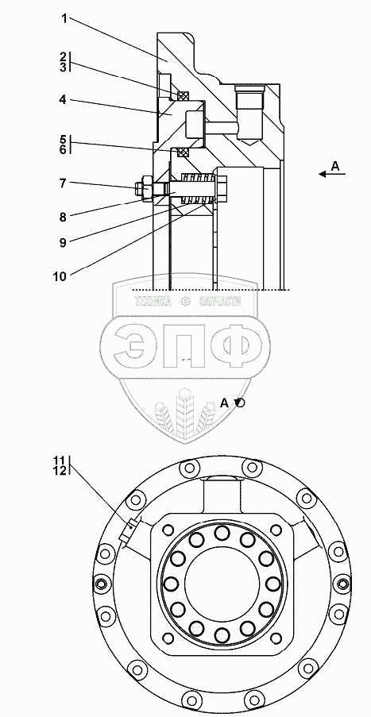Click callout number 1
[64, 19]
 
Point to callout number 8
[63, 216]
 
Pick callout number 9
[62, 242]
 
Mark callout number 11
[61, 460]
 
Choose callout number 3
[63, 67]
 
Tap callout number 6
[63, 149]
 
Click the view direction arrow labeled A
[331, 174]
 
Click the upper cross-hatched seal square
[183, 95]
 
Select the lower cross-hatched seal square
[184, 152]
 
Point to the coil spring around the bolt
[198, 188]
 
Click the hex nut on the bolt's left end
[145, 188]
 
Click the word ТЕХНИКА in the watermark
[153, 302]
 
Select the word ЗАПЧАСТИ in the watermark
[220, 302]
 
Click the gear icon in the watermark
[185, 302]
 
